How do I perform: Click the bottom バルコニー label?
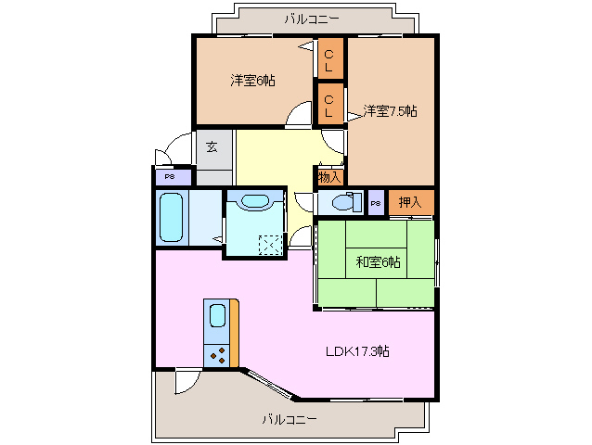(289, 419)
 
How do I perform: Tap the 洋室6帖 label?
(252, 81)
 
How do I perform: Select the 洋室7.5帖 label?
(390, 111)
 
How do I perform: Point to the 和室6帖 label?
(378, 262)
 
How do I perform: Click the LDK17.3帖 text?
(356, 351)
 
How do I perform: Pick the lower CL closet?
(329, 103)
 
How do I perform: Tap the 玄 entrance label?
(212, 146)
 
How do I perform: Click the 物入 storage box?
(329, 176)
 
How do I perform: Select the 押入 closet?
(410, 202)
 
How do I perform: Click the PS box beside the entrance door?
(171, 176)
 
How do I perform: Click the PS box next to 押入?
(376, 203)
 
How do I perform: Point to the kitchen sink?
(216, 316)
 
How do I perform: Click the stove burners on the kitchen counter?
(218, 354)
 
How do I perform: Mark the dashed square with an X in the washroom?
(271, 245)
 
